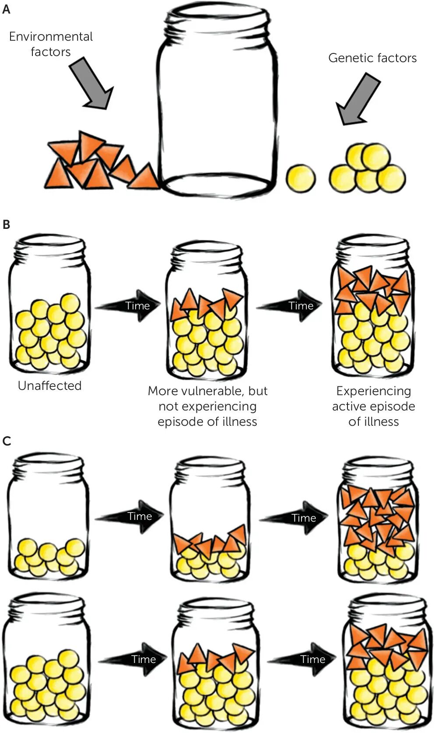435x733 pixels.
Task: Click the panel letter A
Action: [6, 9]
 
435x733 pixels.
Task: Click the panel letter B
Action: [6, 225]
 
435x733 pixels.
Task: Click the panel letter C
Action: [7, 441]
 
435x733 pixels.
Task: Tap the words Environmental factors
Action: [51, 44]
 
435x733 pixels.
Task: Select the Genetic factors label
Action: [372, 58]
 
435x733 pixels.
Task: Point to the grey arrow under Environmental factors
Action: [91, 83]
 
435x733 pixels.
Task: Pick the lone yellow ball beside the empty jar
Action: [301, 179]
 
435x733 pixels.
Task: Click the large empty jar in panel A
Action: [217, 100]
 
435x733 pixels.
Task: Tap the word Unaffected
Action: [50, 386]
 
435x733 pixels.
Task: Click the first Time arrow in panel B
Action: [128, 305]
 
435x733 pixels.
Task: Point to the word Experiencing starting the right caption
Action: [373, 391]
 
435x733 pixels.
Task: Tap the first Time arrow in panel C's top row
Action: [129, 517]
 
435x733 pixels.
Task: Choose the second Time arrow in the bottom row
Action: [302, 659]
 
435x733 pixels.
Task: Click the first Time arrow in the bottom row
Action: [133, 659]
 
